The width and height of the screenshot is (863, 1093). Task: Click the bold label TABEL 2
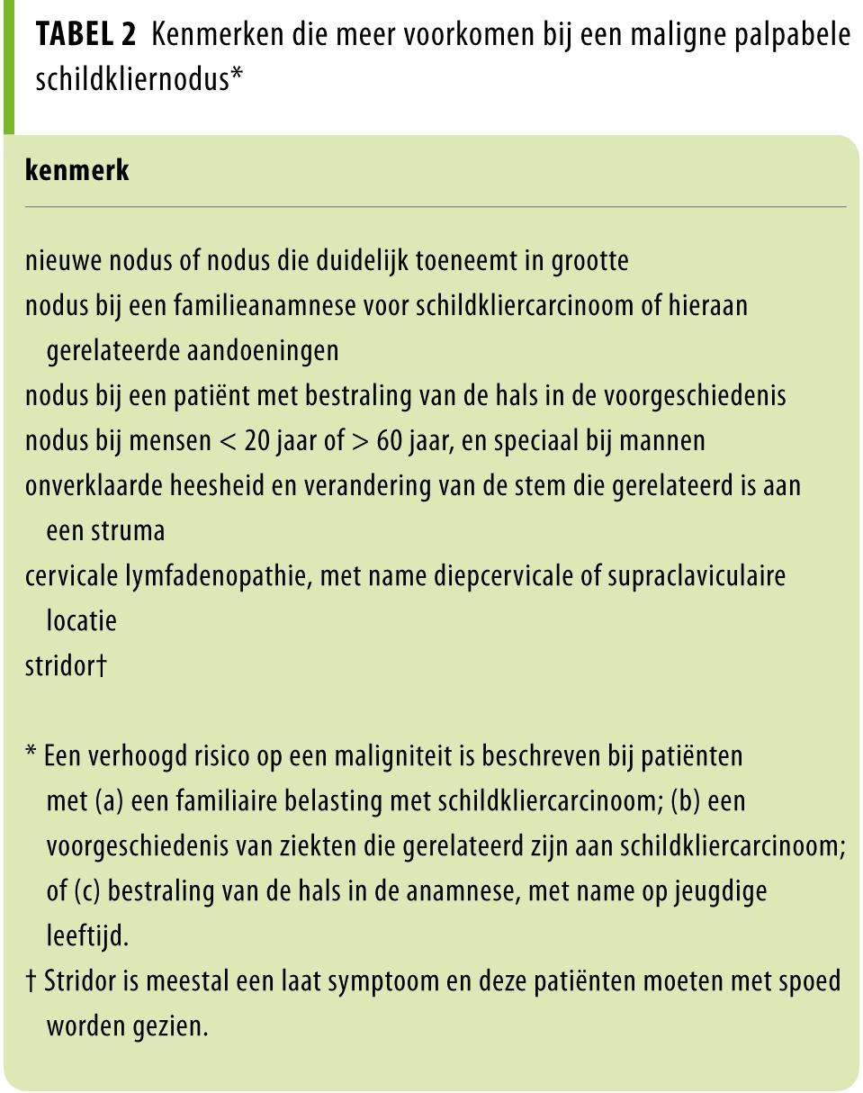click(x=85, y=35)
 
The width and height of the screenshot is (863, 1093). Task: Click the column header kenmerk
click(x=76, y=170)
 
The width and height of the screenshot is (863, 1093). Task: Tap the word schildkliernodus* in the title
click(x=139, y=79)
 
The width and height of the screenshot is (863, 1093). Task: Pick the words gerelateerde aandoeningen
click(x=192, y=350)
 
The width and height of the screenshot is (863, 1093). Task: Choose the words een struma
click(x=105, y=530)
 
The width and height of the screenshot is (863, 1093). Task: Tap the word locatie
click(x=81, y=620)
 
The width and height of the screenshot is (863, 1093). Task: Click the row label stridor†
click(x=66, y=666)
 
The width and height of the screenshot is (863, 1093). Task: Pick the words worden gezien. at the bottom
click(x=126, y=1025)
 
